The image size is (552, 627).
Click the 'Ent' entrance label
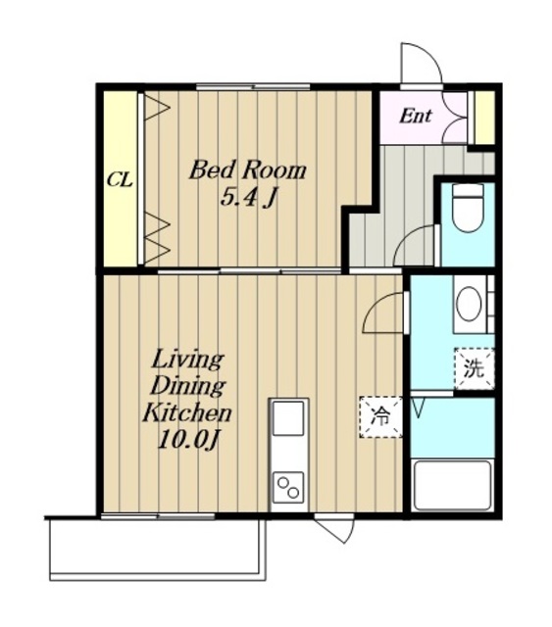click(416, 116)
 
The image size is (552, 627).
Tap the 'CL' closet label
click(120, 180)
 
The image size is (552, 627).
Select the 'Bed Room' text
click(248, 169)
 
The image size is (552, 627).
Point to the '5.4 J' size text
click(249, 198)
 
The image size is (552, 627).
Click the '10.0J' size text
click(188, 441)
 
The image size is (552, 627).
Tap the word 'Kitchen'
click(187, 412)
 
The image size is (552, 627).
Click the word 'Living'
click(187, 361)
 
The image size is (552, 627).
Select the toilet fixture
click(468, 208)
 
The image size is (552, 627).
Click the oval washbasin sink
click(469, 304)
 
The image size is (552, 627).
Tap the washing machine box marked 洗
click(474, 368)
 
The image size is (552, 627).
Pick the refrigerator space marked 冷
click(380, 416)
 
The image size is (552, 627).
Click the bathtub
click(452, 486)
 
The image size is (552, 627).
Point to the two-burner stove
click(288, 488)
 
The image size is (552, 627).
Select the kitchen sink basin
click(288, 418)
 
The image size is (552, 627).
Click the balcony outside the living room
click(157, 549)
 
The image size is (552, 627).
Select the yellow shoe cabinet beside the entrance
click(484, 118)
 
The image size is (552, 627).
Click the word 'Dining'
click(187, 386)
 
